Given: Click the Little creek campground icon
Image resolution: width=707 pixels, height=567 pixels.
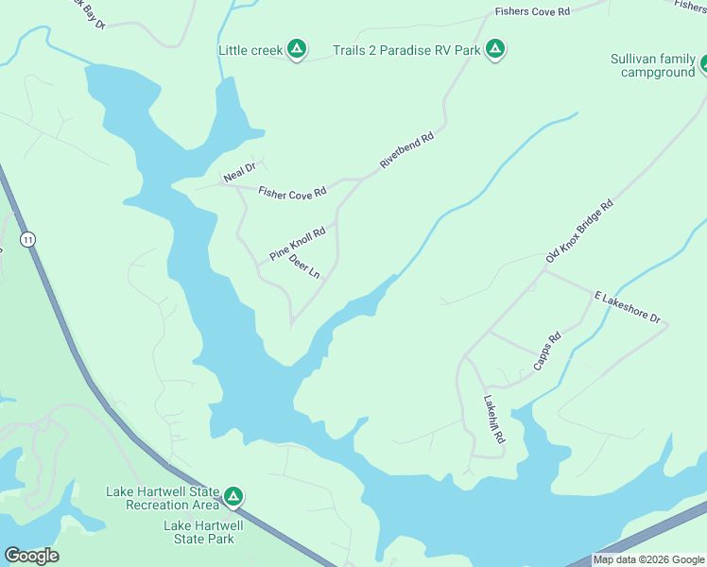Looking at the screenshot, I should [296, 49].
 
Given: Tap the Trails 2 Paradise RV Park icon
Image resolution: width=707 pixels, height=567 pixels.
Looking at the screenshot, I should [494, 49].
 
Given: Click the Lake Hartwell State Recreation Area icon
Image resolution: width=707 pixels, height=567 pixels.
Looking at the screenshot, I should [233, 496].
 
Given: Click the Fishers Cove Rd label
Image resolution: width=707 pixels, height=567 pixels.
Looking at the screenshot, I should [533, 12].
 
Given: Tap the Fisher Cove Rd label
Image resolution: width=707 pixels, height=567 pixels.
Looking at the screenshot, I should [292, 191].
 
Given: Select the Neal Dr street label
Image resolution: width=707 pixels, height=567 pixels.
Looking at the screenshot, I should [239, 173].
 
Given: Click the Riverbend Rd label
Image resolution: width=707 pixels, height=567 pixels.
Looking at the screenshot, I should [406, 150].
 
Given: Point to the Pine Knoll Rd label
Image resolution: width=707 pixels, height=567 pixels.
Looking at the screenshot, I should [297, 243].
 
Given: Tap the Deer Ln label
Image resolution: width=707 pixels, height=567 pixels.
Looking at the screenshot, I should [304, 266].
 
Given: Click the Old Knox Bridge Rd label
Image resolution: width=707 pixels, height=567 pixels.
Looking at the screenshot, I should [579, 232].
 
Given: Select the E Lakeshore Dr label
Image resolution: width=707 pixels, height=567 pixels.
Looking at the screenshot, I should [628, 307].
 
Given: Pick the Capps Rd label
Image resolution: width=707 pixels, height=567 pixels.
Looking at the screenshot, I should [546, 350].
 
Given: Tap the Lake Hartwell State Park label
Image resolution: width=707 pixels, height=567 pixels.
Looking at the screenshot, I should [202, 532].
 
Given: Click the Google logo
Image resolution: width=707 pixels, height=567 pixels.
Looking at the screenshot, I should [31, 556].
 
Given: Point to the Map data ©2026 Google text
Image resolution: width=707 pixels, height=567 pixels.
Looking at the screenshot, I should [648, 559].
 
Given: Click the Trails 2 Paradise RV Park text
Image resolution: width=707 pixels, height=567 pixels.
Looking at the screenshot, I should [406, 49].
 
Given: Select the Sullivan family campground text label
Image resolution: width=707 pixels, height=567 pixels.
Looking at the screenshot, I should [652, 65].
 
